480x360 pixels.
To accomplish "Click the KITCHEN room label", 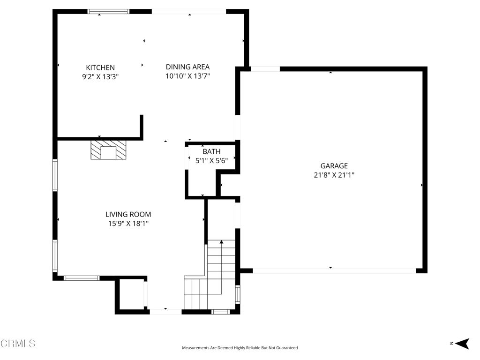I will coord(100,67).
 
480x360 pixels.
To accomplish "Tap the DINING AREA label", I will coord(187,67).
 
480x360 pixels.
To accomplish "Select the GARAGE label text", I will coord(334,165).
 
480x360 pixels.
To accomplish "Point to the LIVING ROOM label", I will coord(128,214).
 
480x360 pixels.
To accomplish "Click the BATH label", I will coord(211,151).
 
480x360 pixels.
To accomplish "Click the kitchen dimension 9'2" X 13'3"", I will coord(100,76).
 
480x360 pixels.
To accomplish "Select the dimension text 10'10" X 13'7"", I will coord(187,75).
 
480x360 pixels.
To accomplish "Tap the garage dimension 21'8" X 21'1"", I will coord(334,175).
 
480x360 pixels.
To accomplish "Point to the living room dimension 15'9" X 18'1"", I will coord(128,224).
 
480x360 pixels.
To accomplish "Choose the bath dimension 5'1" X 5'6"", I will coord(211,160).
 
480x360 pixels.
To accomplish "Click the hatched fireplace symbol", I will coord(109,150).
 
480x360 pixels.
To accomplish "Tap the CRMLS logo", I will coord(18,344).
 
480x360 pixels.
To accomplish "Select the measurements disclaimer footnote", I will coord(240,348).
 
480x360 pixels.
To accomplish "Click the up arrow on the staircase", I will coord(221,242).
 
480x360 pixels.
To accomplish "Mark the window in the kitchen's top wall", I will coord(109,12).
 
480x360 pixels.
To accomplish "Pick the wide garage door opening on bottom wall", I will coord(334,270).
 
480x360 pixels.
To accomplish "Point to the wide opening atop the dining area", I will coord(189,12).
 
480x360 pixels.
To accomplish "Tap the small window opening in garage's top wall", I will coord(265,69).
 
